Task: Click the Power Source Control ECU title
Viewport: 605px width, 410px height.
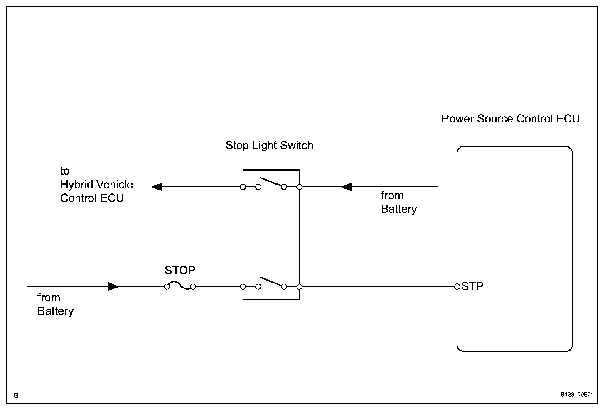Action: click(510, 119)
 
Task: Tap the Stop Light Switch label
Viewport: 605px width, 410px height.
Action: click(269, 146)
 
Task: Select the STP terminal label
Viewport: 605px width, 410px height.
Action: click(472, 286)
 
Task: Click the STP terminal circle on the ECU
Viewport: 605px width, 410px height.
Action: click(457, 286)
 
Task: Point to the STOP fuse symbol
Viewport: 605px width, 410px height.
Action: click(180, 286)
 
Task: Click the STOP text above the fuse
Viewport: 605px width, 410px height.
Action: click(180, 270)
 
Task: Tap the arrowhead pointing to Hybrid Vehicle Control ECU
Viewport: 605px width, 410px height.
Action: click(157, 187)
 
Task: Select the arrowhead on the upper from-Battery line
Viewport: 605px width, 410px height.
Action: click(347, 187)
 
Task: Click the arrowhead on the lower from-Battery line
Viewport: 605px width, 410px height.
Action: click(113, 286)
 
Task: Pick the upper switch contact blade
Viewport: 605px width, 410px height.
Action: click(271, 182)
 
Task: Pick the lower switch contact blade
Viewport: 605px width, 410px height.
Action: click(271, 282)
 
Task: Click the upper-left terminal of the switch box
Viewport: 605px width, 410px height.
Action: click(243, 187)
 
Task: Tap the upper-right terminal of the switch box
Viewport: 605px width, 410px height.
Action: click(299, 187)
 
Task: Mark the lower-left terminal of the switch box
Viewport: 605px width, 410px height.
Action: click(243, 286)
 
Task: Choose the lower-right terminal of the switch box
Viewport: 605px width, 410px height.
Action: click(299, 286)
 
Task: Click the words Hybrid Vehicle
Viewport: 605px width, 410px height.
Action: click(96, 185)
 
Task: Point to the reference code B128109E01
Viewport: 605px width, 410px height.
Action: click(577, 395)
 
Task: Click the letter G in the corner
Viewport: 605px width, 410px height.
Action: click(16, 395)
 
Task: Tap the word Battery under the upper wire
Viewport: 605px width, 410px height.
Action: click(398, 209)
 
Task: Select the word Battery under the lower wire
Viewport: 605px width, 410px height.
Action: click(55, 311)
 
